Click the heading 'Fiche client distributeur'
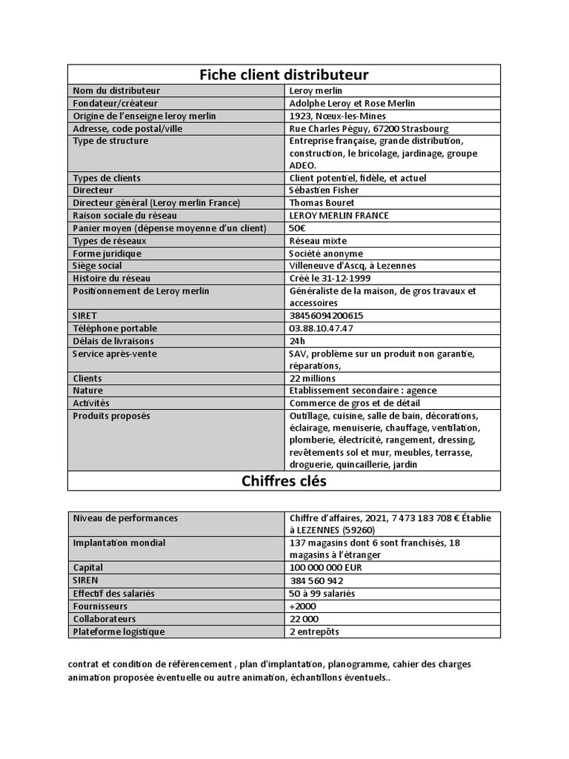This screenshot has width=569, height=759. pos(284,75)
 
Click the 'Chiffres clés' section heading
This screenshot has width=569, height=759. pos(284,481)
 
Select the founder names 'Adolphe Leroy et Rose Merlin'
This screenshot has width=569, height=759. pos(352,104)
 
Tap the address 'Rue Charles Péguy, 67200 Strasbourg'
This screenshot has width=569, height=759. pos(368,129)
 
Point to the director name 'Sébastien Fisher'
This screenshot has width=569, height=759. pos(324,190)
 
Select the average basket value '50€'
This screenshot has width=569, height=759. pos(298,228)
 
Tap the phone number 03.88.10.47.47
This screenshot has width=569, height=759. pos(321,328)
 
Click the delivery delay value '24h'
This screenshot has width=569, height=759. pos(297,341)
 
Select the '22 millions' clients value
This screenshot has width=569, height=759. pos(312,379)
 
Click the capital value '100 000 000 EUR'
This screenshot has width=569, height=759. pos(326,568)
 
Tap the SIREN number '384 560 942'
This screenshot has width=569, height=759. pos(316,581)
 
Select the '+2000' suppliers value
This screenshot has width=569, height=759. pos(302,606)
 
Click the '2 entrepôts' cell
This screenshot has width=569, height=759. pos(314,632)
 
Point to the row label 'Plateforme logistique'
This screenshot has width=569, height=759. pos(119,632)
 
